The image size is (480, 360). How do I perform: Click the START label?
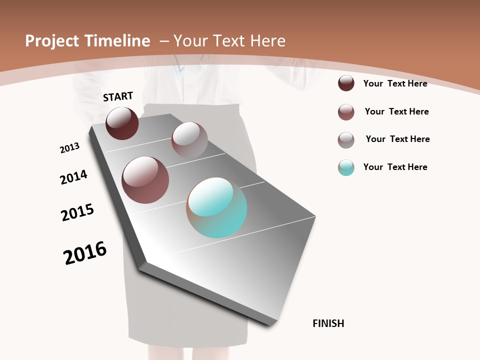118,96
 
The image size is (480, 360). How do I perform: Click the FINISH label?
328,323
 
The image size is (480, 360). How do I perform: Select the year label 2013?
70,148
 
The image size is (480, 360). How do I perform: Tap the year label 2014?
74,177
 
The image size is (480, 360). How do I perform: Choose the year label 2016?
85,253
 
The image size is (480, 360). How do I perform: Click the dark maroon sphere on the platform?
122,123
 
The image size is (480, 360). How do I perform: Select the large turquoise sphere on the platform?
216,207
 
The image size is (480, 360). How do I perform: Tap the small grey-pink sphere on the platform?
189,140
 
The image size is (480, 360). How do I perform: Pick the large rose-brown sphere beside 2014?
145,180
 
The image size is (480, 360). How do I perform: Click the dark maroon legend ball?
346,83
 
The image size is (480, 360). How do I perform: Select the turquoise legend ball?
346,167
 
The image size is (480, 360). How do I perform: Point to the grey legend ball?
346,140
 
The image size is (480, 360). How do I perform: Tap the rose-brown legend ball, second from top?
346,112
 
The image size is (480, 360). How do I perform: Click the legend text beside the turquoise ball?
395,167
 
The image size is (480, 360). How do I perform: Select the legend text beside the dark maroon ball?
395,83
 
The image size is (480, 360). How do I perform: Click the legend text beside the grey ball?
398,139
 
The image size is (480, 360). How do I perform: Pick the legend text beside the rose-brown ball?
397,111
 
